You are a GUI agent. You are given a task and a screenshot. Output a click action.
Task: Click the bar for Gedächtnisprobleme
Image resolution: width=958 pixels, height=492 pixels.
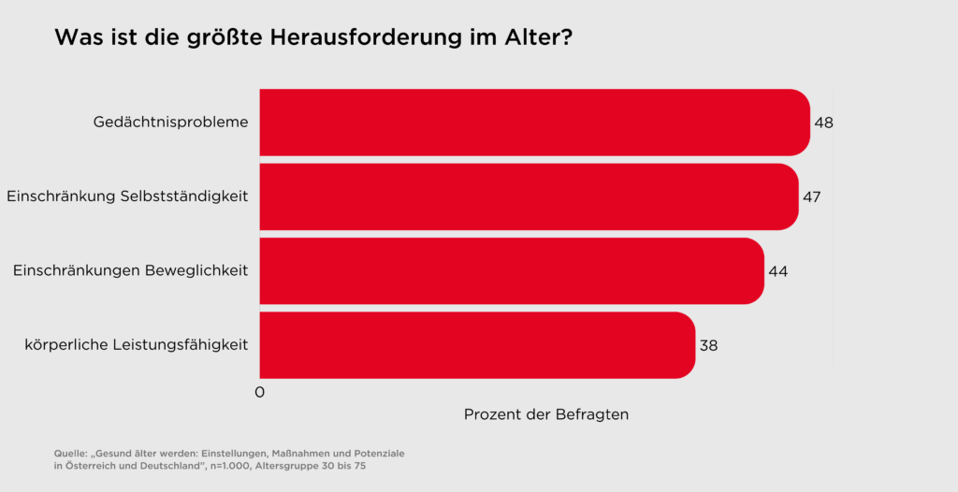(533, 123)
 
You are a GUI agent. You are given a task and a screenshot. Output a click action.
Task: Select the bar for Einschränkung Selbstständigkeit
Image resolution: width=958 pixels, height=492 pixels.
(529, 196)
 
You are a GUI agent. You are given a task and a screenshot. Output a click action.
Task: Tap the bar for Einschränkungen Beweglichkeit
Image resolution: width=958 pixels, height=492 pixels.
(511, 270)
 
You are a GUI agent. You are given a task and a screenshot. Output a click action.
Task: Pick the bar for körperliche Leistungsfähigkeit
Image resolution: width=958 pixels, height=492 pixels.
(476, 345)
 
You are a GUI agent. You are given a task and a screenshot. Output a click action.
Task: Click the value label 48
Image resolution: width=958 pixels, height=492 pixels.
(823, 123)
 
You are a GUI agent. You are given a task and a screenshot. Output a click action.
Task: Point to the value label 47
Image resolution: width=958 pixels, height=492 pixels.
(811, 196)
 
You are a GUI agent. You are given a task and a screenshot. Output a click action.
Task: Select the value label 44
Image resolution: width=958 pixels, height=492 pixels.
(777, 270)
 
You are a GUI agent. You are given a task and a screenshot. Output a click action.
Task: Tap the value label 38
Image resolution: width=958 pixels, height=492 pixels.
(708, 345)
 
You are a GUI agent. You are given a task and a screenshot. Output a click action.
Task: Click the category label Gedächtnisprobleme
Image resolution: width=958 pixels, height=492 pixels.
(170, 123)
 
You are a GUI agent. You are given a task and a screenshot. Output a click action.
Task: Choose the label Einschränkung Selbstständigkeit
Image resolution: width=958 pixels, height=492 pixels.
(127, 196)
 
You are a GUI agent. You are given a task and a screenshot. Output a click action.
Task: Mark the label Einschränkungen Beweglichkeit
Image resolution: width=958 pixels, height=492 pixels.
(130, 270)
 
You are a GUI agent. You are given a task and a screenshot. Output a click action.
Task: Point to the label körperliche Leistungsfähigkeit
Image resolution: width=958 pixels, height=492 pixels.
(136, 345)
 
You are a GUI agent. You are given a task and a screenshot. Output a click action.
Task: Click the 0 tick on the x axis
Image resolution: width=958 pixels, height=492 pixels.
(260, 393)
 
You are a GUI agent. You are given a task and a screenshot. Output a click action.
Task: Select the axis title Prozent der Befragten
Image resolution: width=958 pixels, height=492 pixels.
(546, 414)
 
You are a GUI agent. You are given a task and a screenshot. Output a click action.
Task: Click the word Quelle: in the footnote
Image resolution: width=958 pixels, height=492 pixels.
(70, 453)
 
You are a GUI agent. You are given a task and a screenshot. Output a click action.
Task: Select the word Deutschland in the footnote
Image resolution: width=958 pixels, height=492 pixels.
(165, 465)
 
